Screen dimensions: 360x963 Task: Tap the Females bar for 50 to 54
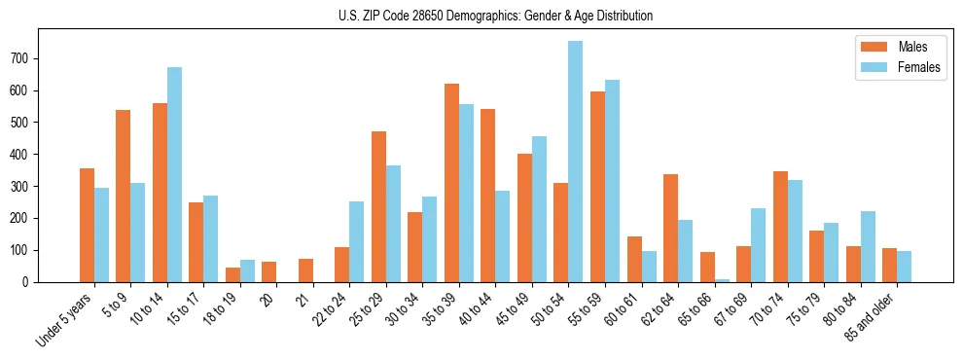pos(576,162)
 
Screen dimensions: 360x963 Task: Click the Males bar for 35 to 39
pos(451,183)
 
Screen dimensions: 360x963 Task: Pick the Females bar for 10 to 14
pos(174,175)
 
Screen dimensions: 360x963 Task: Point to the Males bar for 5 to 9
pos(124,196)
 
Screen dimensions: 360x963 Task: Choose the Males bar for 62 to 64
pos(670,228)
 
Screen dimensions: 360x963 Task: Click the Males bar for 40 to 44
pos(488,196)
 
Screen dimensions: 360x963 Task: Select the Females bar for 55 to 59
pos(612,181)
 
